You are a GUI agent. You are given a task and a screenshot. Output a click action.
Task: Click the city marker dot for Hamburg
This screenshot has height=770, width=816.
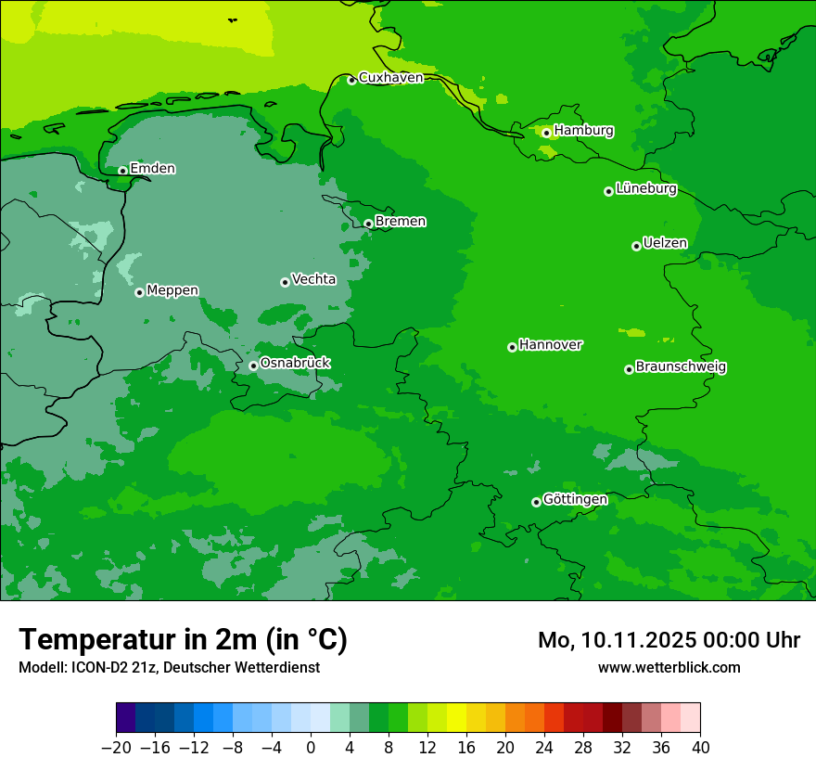click(546, 133)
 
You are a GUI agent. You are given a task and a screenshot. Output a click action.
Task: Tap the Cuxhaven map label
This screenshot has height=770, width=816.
click(390, 78)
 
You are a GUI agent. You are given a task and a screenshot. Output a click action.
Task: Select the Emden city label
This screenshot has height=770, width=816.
click(152, 169)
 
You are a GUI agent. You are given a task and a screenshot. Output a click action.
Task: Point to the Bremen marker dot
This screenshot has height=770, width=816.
click(368, 224)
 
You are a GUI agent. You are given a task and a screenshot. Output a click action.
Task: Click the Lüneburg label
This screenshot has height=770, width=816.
click(645, 189)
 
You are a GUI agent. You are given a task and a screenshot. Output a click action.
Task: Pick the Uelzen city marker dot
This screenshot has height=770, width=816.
click(636, 246)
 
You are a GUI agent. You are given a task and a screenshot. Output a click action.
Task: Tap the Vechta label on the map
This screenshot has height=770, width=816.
click(313, 279)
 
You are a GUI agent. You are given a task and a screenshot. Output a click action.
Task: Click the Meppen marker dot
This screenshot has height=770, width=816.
click(139, 292)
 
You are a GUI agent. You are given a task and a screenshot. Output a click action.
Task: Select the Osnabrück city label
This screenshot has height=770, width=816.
click(295, 363)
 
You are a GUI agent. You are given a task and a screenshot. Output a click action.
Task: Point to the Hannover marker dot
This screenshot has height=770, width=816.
click(512, 347)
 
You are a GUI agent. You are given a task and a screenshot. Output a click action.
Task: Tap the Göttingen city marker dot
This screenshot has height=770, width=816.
click(536, 502)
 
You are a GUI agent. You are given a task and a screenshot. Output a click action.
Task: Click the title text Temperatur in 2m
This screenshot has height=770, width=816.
click(183, 639)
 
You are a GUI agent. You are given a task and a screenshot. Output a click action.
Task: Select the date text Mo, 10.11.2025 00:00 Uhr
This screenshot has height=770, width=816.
click(669, 640)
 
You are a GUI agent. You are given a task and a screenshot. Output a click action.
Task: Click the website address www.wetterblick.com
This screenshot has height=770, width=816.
click(669, 667)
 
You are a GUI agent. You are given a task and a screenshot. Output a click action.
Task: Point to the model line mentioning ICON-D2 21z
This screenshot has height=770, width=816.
click(169, 667)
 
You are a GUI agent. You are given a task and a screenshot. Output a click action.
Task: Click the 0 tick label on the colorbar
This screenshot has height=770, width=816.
click(311, 747)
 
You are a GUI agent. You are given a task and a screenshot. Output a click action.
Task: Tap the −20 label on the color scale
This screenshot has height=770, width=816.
click(116, 747)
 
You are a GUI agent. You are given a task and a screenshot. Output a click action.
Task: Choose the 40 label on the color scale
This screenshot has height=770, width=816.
click(700, 747)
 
